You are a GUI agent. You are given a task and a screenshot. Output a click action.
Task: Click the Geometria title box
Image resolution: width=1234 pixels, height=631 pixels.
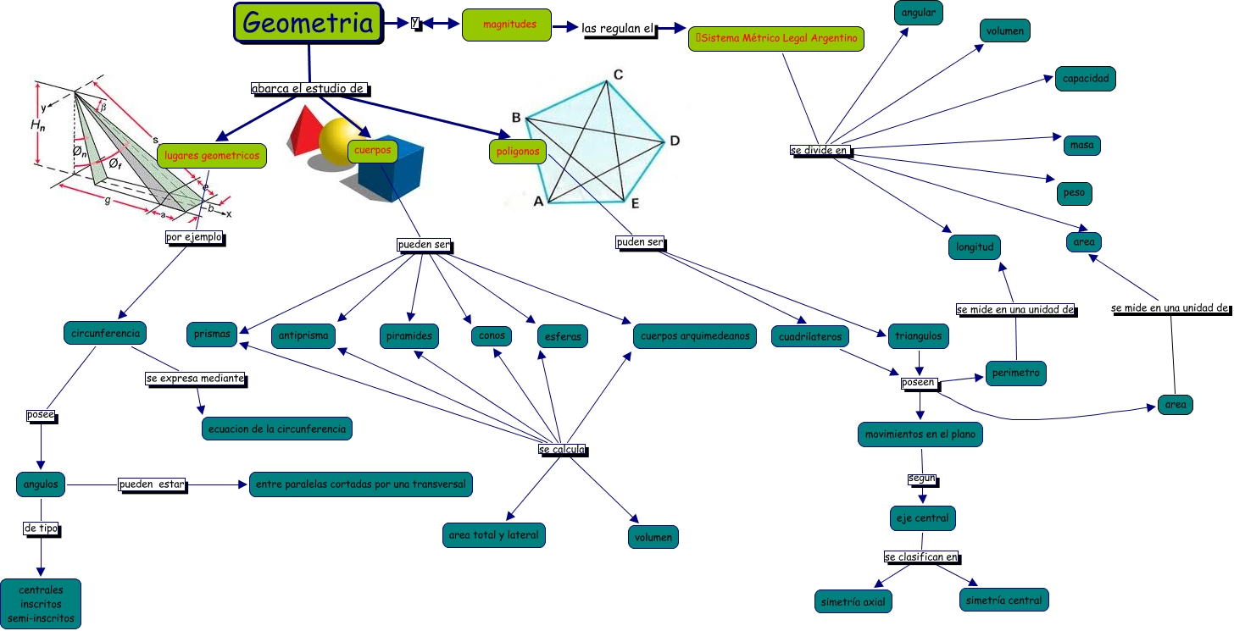pos(307,23)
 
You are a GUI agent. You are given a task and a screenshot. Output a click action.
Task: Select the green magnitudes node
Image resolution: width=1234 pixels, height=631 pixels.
pos(506,25)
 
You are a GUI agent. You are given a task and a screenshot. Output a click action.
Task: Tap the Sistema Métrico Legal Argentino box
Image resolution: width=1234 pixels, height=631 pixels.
pos(776,38)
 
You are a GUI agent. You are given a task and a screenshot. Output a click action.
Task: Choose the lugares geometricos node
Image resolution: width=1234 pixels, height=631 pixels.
pos(212,156)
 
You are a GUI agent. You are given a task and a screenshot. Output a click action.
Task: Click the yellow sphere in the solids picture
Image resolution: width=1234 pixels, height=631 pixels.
pos(342,141)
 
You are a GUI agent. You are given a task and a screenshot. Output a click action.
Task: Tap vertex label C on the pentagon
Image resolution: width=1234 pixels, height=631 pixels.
pos(619,75)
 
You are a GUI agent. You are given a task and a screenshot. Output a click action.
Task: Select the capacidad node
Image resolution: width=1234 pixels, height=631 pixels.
pos(1085,79)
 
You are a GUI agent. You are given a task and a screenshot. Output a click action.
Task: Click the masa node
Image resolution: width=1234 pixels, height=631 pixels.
pos(1081,145)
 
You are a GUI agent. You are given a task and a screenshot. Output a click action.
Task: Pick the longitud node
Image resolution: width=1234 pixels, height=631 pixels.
pos(974,247)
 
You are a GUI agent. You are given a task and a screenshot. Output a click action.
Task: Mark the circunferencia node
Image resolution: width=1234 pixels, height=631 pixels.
pos(105,333)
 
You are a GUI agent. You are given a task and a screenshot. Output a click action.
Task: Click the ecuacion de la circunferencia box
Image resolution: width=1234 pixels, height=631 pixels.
pos(276,429)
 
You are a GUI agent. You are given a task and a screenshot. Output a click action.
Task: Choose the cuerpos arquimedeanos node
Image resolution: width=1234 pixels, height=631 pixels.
pos(694,336)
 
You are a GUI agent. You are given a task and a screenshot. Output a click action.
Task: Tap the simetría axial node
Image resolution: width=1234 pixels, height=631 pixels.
pos(853,601)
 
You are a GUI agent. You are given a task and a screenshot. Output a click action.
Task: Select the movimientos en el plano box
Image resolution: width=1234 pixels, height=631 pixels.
pos(920,435)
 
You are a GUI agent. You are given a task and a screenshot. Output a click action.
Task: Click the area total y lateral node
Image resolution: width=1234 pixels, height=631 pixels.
pos(493,535)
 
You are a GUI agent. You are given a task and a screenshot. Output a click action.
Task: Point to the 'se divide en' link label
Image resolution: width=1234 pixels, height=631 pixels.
pos(819,151)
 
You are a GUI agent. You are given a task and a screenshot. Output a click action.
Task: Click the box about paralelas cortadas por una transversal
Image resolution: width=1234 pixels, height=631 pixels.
pos(360,484)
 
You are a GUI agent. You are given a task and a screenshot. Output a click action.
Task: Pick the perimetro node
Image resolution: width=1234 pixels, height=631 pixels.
pos(1016,373)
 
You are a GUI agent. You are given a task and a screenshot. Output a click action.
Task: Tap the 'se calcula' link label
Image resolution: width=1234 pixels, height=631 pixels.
pos(561,450)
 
